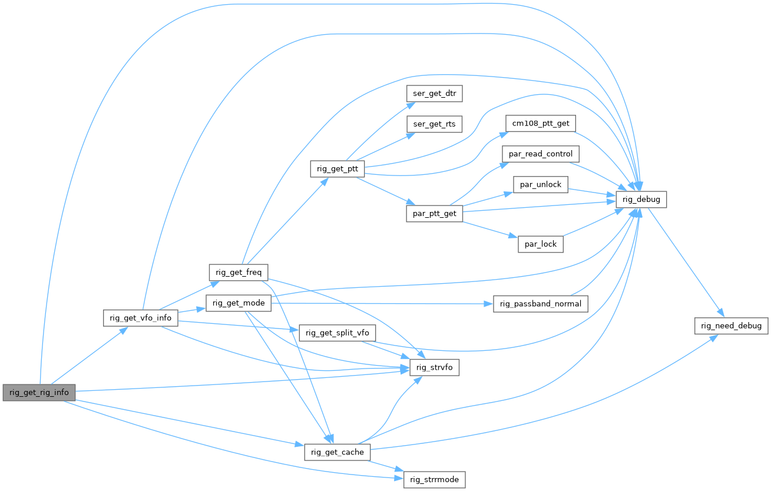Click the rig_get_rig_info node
click(x=39, y=392)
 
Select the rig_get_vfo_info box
click(x=140, y=318)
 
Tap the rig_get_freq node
click(x=239, y=273)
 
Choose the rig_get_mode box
click(x=238, y=303)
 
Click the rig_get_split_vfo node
click(x=337, y=333)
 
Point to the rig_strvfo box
click(x=434, y=368)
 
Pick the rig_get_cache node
click(x=337, y=452)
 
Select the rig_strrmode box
click(x=434, y=479)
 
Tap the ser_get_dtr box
click(x=435, y=94)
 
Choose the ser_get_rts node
click(x=435, y=124)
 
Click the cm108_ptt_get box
click(x=540, y=124)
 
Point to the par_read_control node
click(x=540, y=154)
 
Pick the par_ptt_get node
click(x=435, y=213)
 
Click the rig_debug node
click(x=641, y=200)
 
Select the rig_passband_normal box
click(x=540, y=304)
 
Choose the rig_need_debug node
click(x=730, y=326)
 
